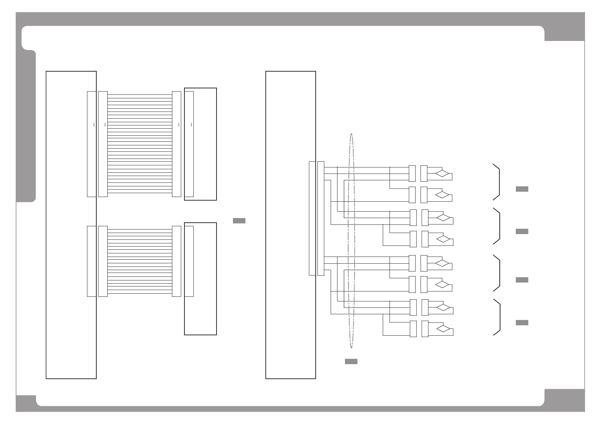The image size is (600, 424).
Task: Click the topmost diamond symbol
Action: pyautogui.click(x=442, y=174)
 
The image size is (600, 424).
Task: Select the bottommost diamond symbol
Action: pyautogui.click(x=443, y=329)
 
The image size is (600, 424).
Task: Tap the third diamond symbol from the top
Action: pyautogui.click(x=443, y=217)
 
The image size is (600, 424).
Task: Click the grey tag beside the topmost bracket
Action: pyautogui.click(x=522, y=189)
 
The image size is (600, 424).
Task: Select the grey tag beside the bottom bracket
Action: pyautogui.click(x=522, y=323)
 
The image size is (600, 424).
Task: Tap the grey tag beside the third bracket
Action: pyautogui.click(x=522, y=280)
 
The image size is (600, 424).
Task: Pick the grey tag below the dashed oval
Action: pyautogui.click(x=351, y=362)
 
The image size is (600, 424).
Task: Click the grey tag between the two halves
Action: pyautogui.click(x=239, y=221)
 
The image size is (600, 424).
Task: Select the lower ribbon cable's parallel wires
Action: pyautogui.click(x=139, y=261)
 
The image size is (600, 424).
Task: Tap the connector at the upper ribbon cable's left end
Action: pyautogui.click(x=103, y=144)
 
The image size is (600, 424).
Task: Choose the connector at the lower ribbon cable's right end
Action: pyautogui.click(x=176, y=261)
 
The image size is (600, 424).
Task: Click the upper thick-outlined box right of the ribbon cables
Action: pyautogui.click(x=205, y=144)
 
